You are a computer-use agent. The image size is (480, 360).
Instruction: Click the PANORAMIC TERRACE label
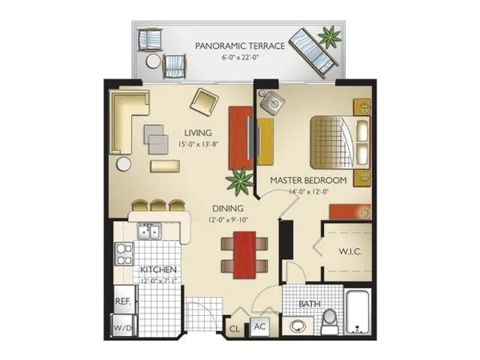click(x=240, y=46)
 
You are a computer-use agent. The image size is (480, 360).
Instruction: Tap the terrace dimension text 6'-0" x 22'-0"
click(x=240, y=58)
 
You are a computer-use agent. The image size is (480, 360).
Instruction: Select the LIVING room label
click(x=197, y=133)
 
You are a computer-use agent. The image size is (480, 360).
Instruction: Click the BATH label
click(x=310, y=305)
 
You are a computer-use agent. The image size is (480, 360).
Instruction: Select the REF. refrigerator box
click(x=123, y=301)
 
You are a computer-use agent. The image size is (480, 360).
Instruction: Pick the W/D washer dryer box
click(x=123, y=328)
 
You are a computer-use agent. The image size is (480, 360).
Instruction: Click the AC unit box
click(x=259, y=326)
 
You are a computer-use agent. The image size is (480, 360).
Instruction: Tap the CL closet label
click(x=235, y=328)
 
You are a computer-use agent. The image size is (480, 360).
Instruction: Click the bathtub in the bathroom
click(x=358, y=314)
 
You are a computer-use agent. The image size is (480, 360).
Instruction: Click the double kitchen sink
click(x=148, y=233)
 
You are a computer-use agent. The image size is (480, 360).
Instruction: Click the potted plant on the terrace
click(x=328, y=37)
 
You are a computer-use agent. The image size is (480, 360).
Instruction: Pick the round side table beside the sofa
click(x=124, y=163)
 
